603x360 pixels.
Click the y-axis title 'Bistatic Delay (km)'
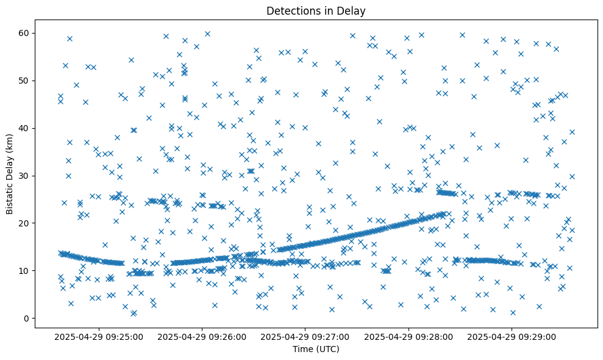coord(10,174)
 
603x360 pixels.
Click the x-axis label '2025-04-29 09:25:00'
coord(99,336)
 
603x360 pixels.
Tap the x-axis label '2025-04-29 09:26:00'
coord(202,336)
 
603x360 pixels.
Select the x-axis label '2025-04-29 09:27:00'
coord(305,336)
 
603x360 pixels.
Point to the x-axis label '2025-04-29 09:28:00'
coord(408,336)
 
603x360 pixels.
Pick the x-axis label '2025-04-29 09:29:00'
coord(511,336)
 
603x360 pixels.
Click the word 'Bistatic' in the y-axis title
coord(10,195)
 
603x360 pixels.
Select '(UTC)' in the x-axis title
coord(327,349)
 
